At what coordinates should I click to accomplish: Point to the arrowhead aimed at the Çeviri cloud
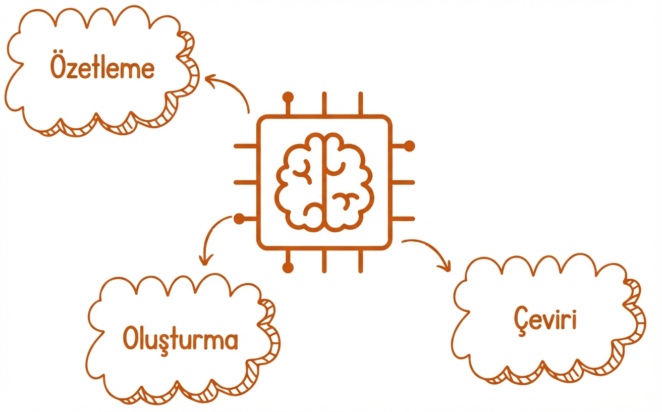click(x=446, y=266)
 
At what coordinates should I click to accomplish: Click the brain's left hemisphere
click(x=299, y=182)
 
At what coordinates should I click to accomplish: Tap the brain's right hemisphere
click(x=349, y=182)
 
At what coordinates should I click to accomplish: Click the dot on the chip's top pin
click(x=288, y=97)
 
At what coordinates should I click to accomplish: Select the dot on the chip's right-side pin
click(x=409, y=146)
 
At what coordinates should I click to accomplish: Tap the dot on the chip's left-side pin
click(x=239, y=219)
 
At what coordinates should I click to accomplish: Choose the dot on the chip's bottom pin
click(x=288, y=268)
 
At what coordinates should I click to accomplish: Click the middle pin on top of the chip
click(x=324, y=104)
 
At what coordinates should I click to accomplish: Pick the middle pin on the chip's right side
click(x=404, y=182)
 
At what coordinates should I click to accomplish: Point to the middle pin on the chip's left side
click(x=245, y=182)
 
